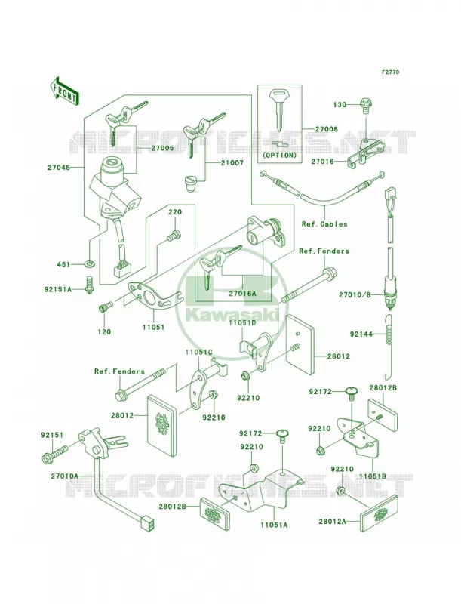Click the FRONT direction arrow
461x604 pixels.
[64, 91]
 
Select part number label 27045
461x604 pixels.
[59, 168]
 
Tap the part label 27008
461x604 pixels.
[326, 129]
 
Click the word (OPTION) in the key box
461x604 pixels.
[280, 156]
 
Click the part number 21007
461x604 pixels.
[232, 163]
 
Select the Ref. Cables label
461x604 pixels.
[324, 223]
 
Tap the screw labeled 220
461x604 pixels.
[174, 235]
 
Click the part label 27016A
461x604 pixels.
[242, 294]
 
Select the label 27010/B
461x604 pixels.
[355, 295]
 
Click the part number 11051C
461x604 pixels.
[198, 353]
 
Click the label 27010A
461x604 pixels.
[64, 476]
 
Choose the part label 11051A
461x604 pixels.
[274, 525]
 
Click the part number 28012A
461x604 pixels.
[332, 522]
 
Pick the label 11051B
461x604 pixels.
[373, 476]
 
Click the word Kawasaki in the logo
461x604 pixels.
[233, 315]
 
